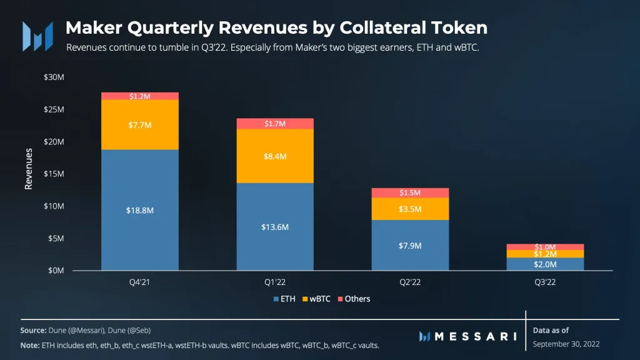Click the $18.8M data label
coord(139,211)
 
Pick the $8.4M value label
coord(274,156)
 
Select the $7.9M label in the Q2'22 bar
coord(409,246)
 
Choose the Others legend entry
coord(354,299)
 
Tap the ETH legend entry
coord(284,299)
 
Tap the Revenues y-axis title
coord(29,168)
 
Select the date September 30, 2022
coord(566,344)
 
